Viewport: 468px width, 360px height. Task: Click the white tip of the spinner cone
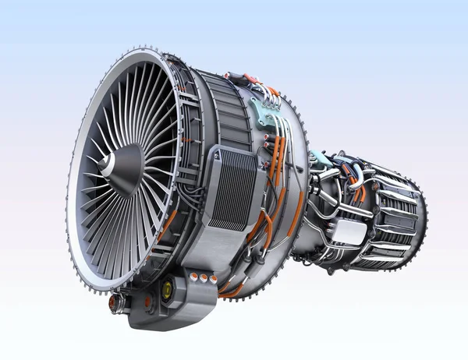click(99, 166)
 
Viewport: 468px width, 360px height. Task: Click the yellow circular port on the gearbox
click(166, 291)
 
